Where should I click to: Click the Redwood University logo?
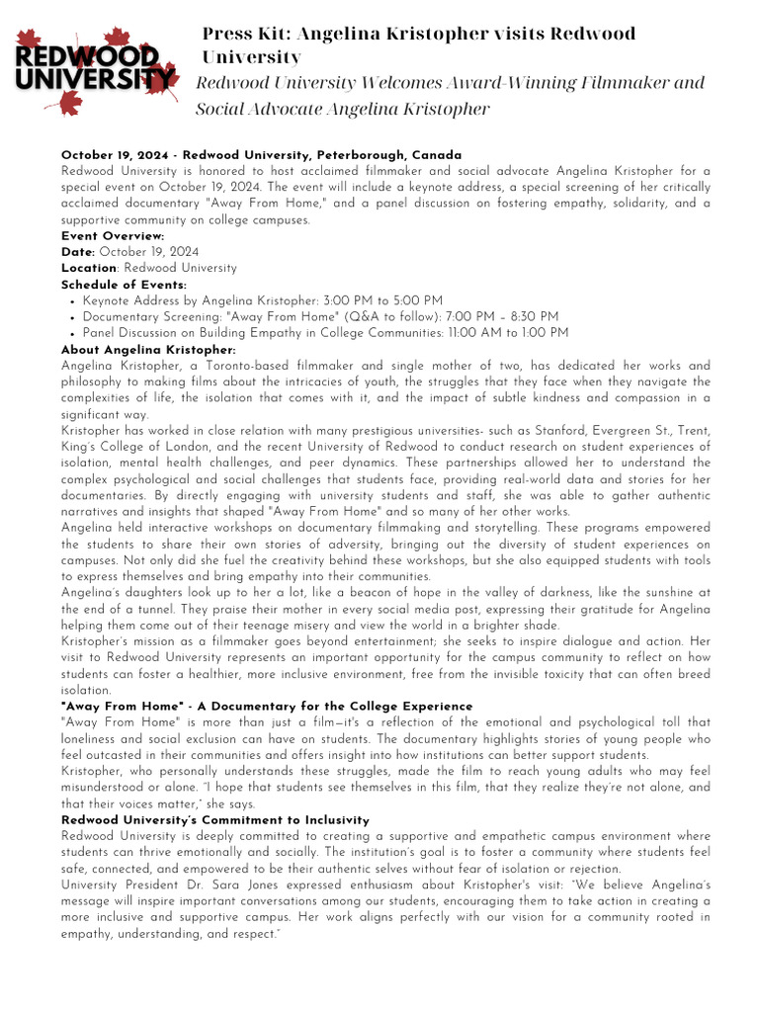click(x=95, y=68)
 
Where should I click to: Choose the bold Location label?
click(x=90, y=268)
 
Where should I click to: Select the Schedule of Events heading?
click(x=124, y=285)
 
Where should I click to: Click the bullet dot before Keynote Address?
click(x=74, y=300)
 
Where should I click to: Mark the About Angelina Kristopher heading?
click(x=148, y=350)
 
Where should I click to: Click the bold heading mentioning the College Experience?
click(x=267, y=707)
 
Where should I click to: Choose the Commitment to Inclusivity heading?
click(x=215, y=820)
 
